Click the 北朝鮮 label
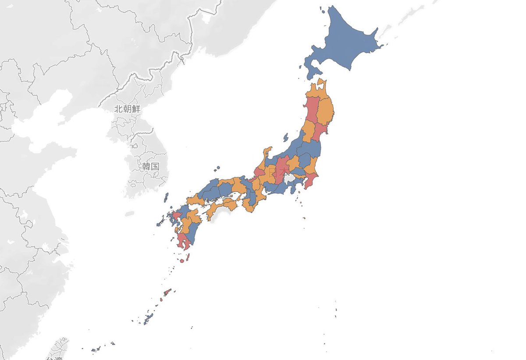tap(128, 109)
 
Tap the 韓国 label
tap(150, 166)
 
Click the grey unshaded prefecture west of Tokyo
tap(290, 178)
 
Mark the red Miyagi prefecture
tap(320, 131)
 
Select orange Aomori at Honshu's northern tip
tap(316, 90)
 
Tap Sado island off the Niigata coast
tap(286, 138)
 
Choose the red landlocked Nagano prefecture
tap(281, 169)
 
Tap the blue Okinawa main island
tap(148, 318)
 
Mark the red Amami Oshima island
tap(167, 292)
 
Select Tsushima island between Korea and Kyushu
tap(167, 197)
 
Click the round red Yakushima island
tap(181, 261)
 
